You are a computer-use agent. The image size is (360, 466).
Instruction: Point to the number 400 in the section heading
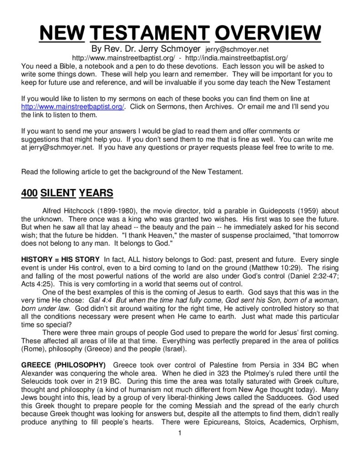(x=30, y=192)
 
